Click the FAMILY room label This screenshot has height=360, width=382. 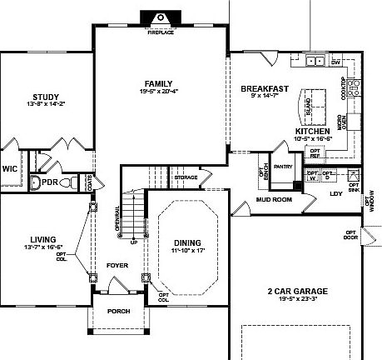pos(158,83)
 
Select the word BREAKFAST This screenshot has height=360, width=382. pos(265,88)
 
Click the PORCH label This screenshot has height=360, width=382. pos(118,313)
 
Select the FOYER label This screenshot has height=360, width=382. pos(117,267)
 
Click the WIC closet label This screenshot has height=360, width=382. pos(10,167)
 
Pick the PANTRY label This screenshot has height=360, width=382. pos(283,167)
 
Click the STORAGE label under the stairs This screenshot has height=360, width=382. pos(186,177)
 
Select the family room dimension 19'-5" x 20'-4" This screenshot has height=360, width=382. pos(158,92)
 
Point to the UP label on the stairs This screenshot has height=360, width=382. pos(133,242)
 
